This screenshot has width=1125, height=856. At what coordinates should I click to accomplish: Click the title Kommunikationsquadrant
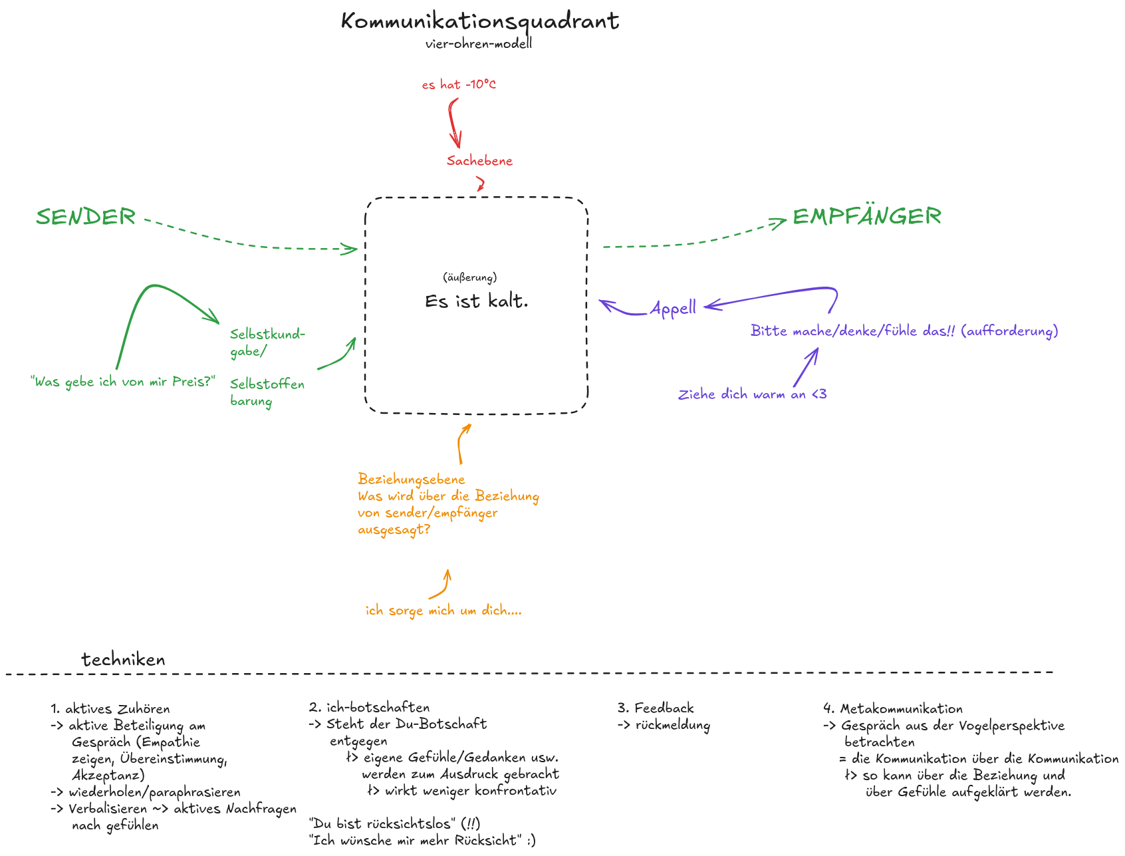479,21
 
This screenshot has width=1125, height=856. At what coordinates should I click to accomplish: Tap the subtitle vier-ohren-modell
479,45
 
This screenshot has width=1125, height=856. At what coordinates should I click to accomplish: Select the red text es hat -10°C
459,85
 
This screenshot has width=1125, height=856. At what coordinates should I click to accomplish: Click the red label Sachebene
479,161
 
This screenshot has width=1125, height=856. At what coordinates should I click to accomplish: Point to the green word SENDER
86,217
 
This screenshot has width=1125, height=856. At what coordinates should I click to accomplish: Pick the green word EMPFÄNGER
866,216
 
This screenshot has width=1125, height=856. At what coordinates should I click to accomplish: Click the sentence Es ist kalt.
476,301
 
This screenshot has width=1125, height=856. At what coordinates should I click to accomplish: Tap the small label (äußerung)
469,277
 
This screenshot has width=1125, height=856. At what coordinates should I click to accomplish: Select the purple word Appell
673,309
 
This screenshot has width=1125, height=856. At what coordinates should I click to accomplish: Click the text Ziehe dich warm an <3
752,394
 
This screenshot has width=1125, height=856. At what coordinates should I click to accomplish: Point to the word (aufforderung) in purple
1009,331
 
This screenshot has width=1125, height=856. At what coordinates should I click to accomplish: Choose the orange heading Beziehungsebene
411,480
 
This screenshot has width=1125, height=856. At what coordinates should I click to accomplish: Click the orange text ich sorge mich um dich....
443,611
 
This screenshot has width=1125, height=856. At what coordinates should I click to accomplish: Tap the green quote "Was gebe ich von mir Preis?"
123,382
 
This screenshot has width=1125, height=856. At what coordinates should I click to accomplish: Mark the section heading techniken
123,660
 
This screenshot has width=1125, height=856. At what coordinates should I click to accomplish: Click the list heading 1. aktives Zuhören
110,709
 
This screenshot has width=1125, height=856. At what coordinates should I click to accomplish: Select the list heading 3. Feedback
655,708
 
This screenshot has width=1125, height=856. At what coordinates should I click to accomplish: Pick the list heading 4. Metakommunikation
892,709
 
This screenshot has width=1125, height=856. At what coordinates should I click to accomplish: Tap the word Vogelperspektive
1007,726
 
